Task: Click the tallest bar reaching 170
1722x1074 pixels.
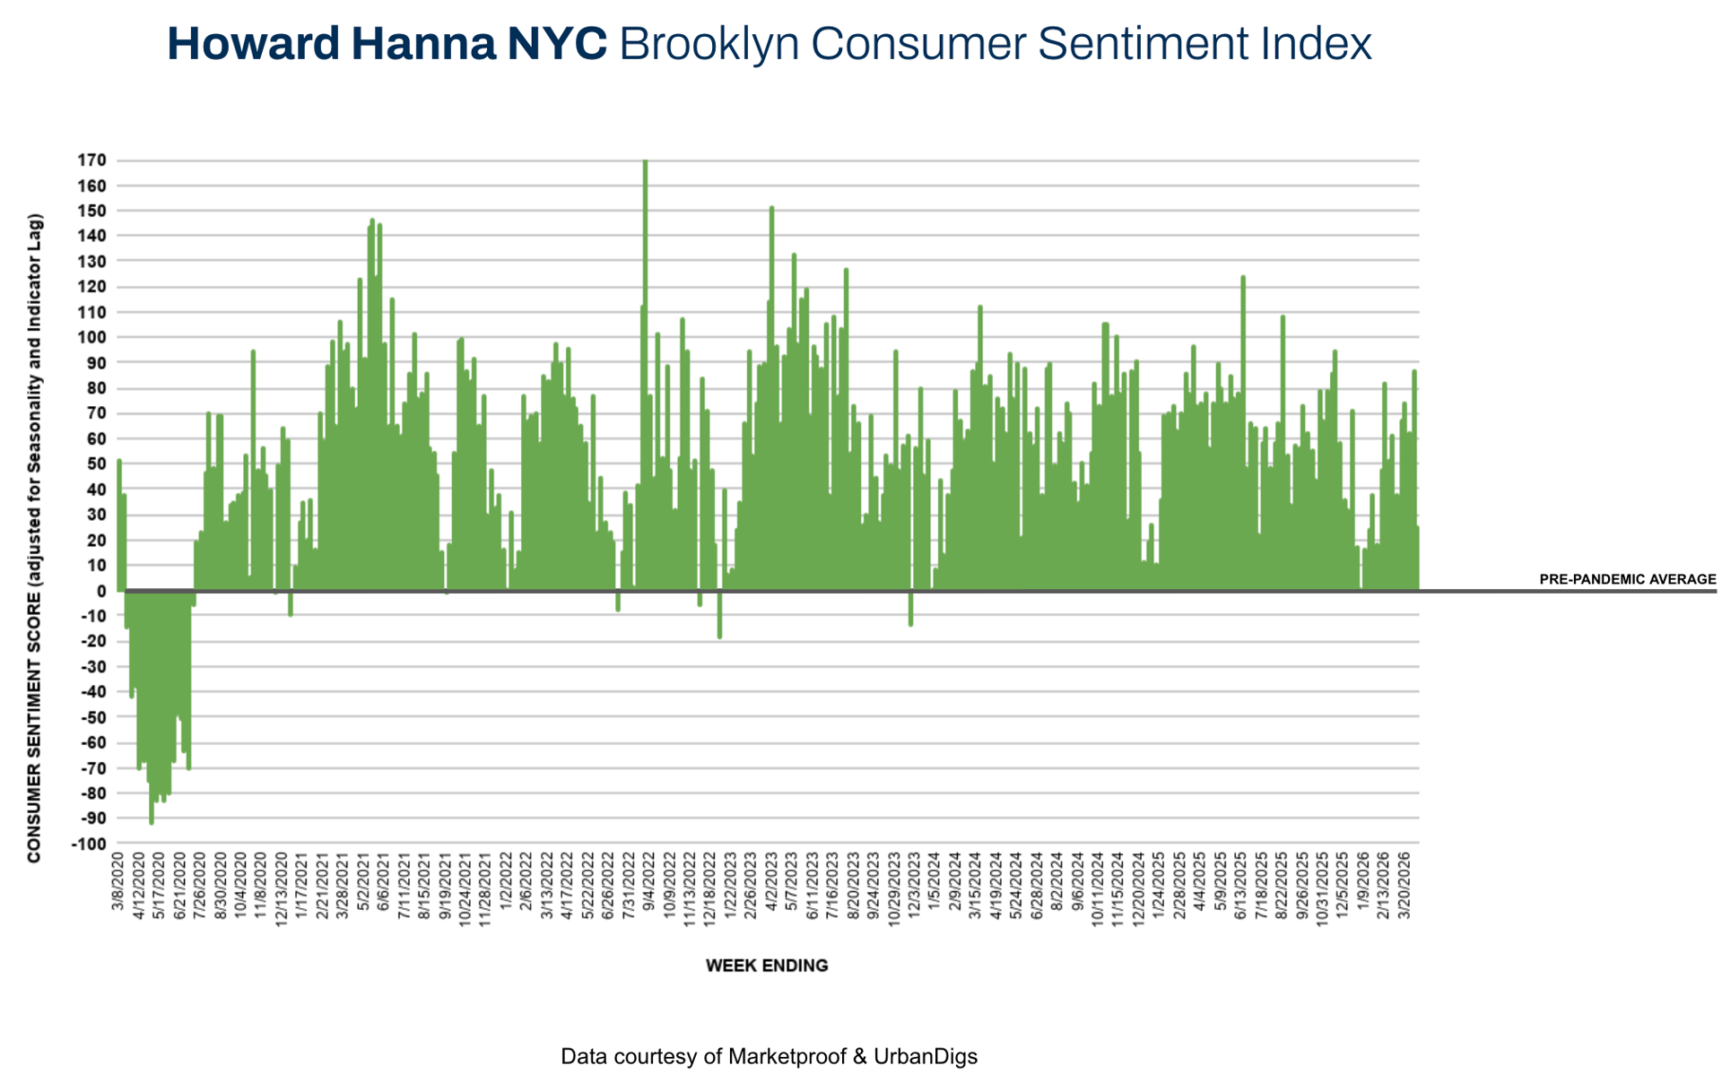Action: (645, 359)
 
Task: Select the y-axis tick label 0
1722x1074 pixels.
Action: (101, 591)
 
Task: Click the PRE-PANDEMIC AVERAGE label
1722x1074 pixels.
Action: (1627, 580)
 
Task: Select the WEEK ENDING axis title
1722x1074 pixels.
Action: (767, 966)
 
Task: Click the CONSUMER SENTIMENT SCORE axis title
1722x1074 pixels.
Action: (35, 538)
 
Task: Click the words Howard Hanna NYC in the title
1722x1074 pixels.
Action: (387, 44)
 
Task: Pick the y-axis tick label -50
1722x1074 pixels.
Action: (94, 717)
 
